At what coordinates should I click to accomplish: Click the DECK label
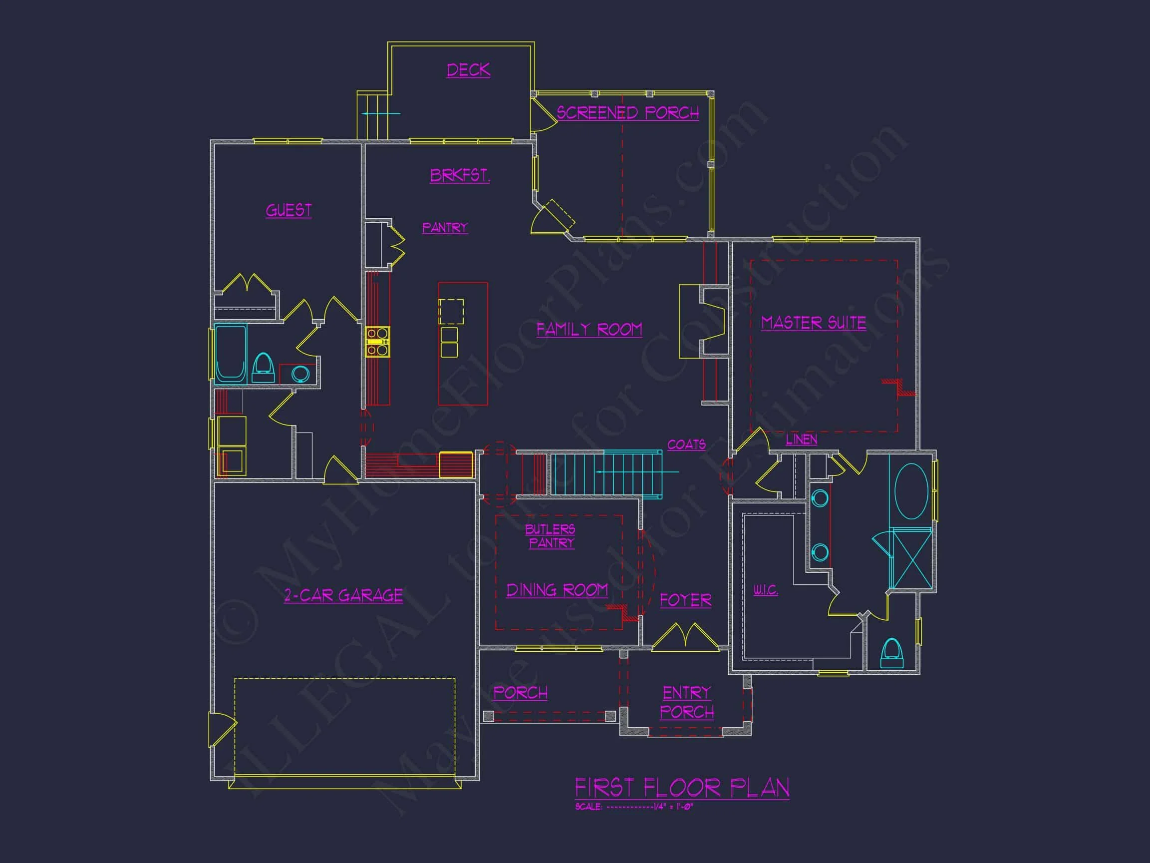(468, 70)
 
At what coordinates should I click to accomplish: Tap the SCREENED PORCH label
(627, 113)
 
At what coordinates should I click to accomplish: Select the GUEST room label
(288, 210)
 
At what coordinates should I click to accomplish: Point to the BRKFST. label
(460, 175)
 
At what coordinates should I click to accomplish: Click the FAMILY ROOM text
(589, 329)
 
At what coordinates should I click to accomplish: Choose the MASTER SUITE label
(813, 323)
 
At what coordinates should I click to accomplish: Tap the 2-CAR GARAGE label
(343, 595)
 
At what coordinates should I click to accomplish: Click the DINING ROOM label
(557, 590)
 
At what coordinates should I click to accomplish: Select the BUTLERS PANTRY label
(550, 536)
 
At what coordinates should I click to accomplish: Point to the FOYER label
(685, 600)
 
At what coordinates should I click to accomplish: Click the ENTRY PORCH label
(687, 702)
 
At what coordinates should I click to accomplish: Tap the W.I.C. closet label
(765, 590)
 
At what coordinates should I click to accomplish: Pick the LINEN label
(801, 439)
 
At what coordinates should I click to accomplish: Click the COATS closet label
(686, 445)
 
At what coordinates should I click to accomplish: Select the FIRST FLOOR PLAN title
(682, 788)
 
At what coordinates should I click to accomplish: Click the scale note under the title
(634, 807)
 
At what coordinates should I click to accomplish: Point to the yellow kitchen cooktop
(377, 342)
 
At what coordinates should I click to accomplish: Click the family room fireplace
(702, 322)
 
